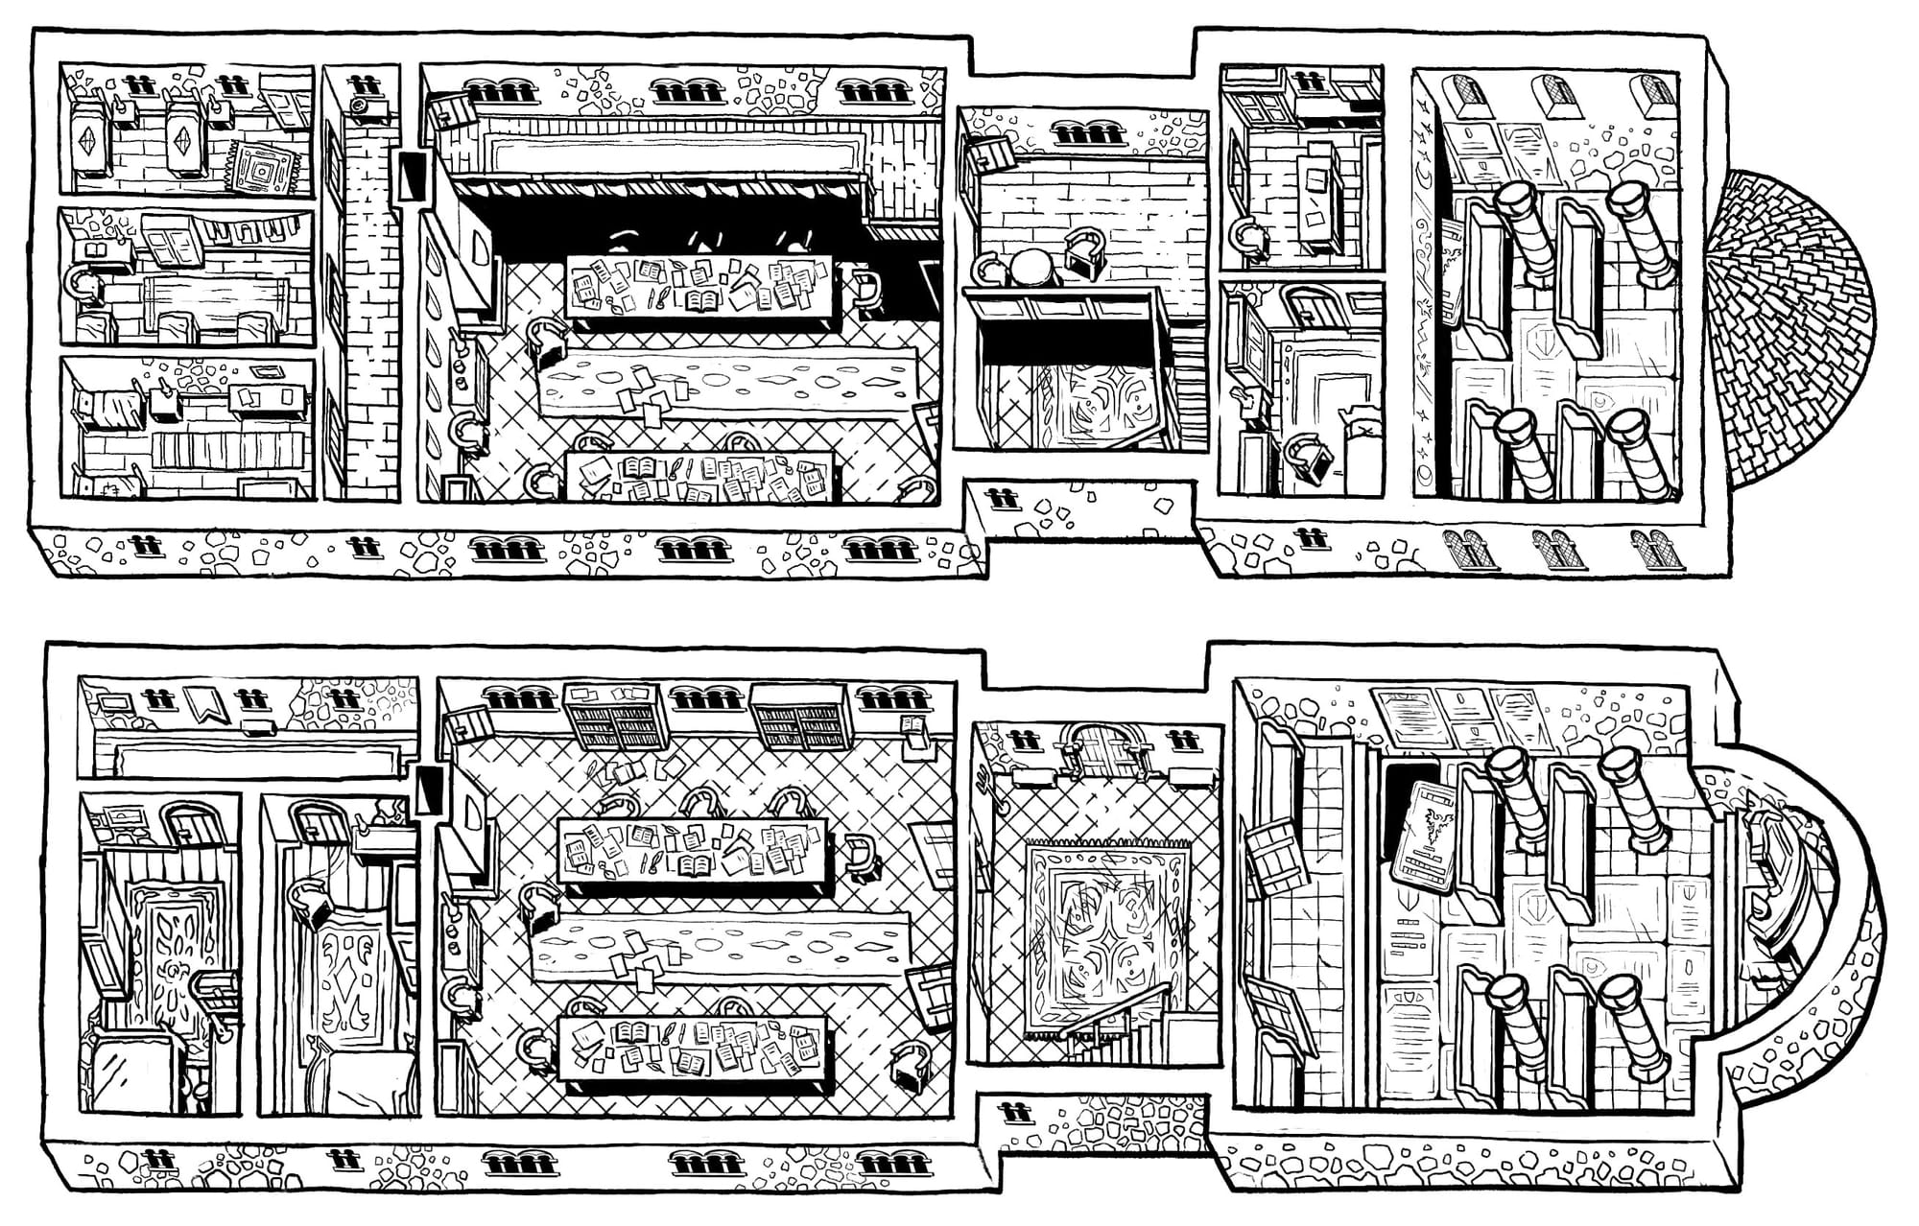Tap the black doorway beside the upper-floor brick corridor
click(413, 177)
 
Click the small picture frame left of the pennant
click(116, 703)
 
